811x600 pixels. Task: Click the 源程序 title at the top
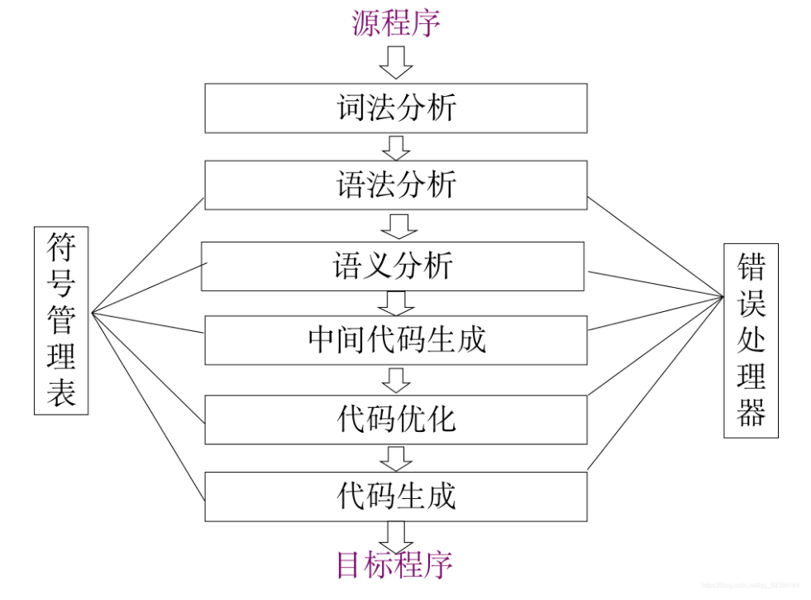396,22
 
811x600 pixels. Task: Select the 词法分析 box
396,108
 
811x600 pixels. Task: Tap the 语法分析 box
396,185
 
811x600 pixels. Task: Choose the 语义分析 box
393,266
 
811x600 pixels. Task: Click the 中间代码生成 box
396,339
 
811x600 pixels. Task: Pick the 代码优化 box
396,419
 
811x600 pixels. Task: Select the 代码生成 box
396,496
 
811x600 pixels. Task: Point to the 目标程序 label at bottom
394,564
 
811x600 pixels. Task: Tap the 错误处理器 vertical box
751,340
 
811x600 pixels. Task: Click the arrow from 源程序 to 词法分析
396,62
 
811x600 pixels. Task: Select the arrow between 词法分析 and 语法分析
397,146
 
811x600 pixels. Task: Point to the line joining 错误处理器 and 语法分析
653,247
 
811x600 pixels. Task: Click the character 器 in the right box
751,412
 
